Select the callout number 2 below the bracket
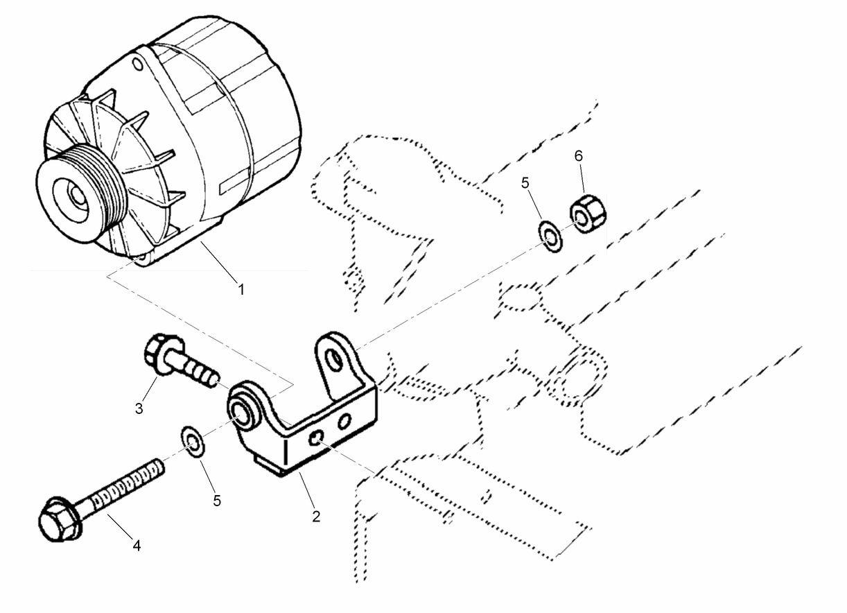tap(316, 516)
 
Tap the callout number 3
tap(139, 408)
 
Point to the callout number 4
tap(137, 546)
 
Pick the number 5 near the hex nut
tap(525, 184)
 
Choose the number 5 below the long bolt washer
tap(217, 500)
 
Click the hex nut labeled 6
tap(588, 214)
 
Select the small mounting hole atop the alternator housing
tap(137, 64)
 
